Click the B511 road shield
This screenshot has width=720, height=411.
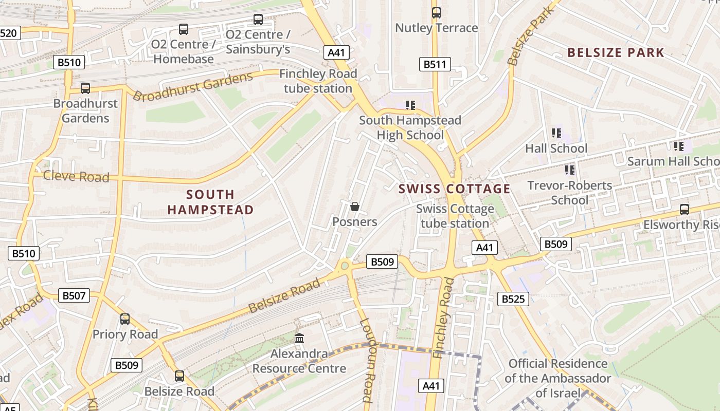coord(435,64)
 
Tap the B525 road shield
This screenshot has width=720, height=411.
coord(513,298)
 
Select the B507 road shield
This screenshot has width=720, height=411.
coord(74,295)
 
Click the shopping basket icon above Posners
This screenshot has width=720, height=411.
coord(354,207)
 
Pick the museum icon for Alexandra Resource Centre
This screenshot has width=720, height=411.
coord(299,339)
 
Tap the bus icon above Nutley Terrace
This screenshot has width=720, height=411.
coord(437,13)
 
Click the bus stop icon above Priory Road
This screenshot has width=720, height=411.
coord(125,319)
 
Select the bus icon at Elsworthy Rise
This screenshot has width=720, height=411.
coord(685,210)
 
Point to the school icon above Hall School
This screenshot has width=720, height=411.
coord(556,134)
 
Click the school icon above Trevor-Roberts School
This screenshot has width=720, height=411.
coord(569,170)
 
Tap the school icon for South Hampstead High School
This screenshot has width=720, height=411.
coord(410,106)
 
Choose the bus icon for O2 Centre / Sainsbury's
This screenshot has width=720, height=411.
coord(258,20)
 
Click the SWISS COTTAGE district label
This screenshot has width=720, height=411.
coord(455,189)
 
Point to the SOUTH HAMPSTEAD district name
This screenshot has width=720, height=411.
coord(210,202)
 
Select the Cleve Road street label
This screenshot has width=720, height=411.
coord(76,177)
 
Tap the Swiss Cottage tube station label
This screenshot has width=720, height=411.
coord(455,216)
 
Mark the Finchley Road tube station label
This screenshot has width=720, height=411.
coord(318,81)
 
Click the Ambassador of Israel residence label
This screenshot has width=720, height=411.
coord(558,379)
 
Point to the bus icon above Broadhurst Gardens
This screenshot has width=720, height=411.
coord(85,88)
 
